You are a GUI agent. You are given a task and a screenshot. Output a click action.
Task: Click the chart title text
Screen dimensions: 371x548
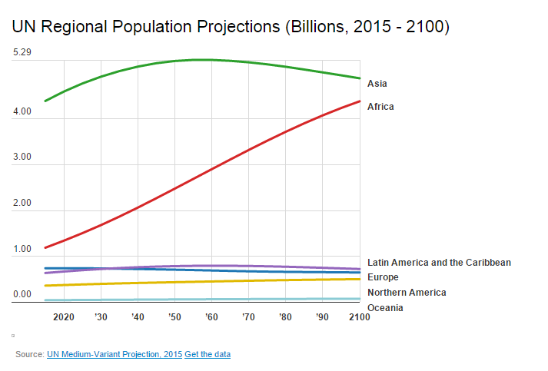231,27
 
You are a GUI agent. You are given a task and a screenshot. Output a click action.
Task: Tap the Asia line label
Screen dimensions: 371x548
377,84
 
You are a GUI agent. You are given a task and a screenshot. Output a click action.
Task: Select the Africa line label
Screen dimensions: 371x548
380,107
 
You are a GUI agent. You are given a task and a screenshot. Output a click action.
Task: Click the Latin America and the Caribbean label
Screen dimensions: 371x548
439,263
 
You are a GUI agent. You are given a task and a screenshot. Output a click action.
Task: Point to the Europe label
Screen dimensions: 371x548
383,277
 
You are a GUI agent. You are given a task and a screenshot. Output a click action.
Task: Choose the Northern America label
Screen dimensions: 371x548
407,293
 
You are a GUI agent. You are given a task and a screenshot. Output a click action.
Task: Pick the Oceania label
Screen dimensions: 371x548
385,308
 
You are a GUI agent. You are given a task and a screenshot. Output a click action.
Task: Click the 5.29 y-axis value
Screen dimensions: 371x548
22,53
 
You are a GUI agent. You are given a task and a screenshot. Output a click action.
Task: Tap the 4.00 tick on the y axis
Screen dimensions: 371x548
22,112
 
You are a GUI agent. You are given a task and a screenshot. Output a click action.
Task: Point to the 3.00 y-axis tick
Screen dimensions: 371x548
22,157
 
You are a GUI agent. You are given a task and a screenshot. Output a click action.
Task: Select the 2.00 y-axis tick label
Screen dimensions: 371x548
22,204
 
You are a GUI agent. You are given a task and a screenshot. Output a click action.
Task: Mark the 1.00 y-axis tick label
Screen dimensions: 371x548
22,250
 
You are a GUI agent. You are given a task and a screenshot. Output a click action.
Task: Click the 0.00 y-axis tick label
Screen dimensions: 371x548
22,295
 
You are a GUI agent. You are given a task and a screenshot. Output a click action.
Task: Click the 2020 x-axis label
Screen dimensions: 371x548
64,317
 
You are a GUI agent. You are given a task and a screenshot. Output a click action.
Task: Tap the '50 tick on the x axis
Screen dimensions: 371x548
174,317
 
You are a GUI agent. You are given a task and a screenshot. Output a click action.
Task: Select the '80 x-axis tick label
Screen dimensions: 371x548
285,317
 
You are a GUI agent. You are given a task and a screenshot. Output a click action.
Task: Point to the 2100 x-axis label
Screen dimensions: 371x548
359,317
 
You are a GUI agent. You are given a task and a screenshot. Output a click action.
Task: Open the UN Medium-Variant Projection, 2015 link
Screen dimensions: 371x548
115,354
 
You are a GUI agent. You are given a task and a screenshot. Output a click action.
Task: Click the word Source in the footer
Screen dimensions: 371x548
29,354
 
